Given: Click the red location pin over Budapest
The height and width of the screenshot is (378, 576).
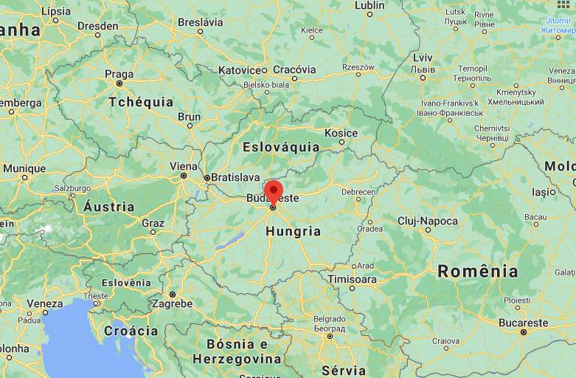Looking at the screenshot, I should tap(273, 190).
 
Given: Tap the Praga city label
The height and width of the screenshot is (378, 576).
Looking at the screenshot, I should tap(119, 74).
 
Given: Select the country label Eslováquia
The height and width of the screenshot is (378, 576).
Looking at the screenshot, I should tap(281, 147).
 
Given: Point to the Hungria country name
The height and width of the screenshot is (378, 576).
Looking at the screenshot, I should tap(294, 231).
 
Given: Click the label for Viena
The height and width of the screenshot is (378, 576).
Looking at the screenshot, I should tap(184, 166).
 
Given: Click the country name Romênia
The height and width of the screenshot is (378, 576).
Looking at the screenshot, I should tap(478, 271).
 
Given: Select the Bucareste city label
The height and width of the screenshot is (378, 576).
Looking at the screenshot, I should tap(523, 323).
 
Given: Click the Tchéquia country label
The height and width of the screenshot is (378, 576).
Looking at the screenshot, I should tap(141, 102).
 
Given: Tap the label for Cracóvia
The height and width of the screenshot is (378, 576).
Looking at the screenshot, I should tap(294, 69).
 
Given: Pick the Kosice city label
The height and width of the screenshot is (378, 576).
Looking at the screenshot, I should tap(341, 134).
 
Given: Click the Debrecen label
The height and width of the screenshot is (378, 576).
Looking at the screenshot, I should tap(358, 191).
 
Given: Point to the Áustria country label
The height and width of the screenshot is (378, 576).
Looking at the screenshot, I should tap(109, 206).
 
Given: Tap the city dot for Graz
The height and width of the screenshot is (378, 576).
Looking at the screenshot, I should tap(153, 232).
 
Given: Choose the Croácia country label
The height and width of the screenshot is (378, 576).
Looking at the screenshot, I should tap(131, 331).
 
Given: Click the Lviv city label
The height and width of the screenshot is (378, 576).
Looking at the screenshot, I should tap(423, 58).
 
